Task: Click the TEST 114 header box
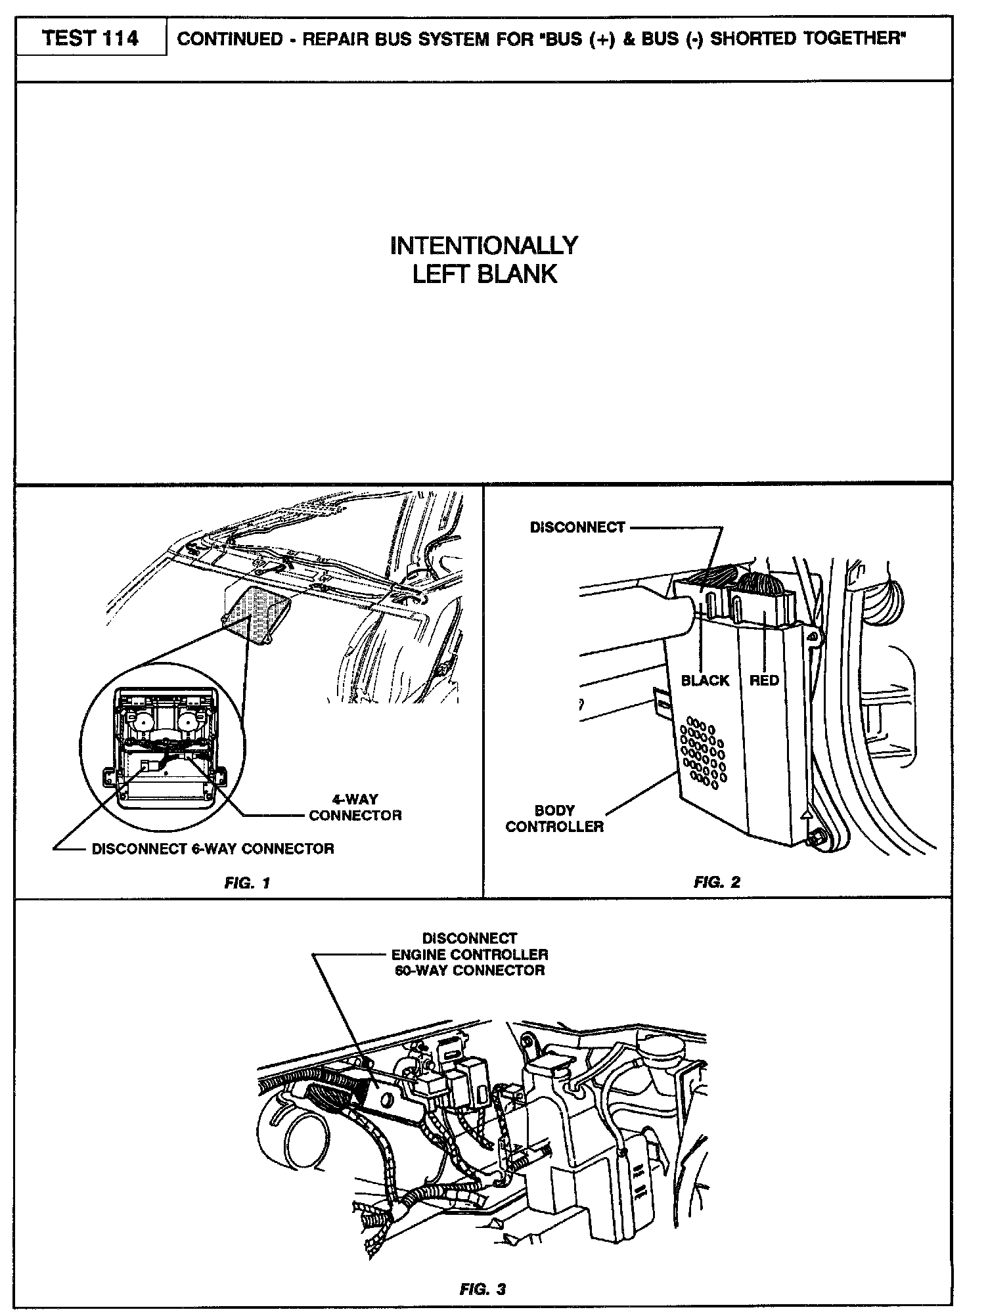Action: point(91,39)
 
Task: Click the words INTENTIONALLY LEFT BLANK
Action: point(484,260)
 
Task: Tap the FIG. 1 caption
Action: point(247,883)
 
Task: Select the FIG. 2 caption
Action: point(717,882)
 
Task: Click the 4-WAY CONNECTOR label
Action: point(355,807)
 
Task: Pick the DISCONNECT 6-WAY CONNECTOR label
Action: point(213,848)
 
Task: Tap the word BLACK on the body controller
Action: point(705,680)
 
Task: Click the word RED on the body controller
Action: point(764,680)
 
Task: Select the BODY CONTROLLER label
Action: point(554,818)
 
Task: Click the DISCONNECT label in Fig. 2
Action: point(577,528)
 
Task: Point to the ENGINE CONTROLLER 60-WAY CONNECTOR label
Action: point(470,954)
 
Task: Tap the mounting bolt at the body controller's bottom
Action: point(817,839)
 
